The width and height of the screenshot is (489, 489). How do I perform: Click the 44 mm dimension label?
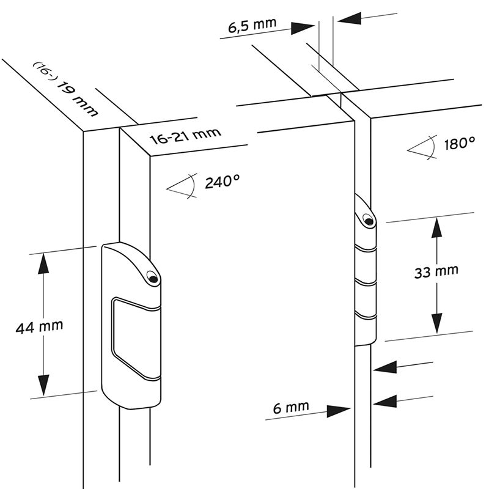[x=39, y=326]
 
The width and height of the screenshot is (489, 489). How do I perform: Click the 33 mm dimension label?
[x=436, y=272]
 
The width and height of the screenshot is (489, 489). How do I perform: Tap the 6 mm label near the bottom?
[x=290, y=405]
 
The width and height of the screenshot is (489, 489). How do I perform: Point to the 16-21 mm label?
[x=185, y=136]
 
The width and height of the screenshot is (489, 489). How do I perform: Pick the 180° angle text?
[x=459, y=144]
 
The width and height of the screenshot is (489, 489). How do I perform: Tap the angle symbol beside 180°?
[x=422, y=147]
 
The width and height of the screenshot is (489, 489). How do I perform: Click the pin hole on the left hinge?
[x=152, y=279]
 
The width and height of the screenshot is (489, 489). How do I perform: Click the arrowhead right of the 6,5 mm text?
[x=304, y=28]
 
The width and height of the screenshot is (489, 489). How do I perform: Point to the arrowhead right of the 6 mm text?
[x=338, y=411]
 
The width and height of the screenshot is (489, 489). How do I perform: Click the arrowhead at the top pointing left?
[x=349, y=19]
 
